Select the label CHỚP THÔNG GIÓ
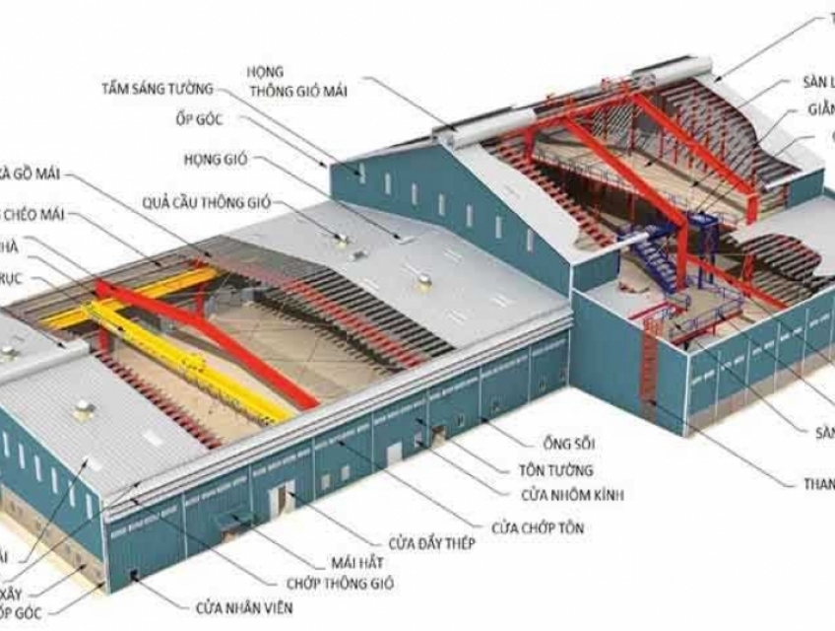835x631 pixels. tap(341, 584)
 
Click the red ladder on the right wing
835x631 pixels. tap(648, 365)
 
